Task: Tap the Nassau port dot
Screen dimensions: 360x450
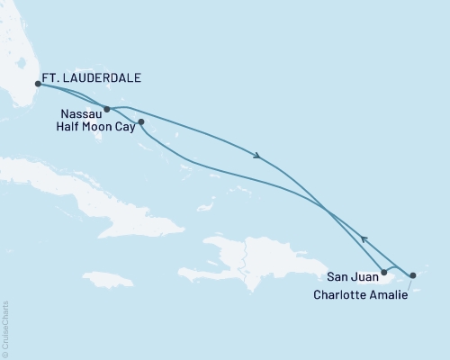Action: tap(107, 109)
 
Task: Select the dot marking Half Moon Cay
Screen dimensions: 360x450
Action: tap(140, 121)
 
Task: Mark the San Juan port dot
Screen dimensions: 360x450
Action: tap(384, 271)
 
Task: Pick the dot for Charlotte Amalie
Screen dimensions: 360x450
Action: tap(413, 275)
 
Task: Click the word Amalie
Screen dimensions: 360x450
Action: tap(385, 293)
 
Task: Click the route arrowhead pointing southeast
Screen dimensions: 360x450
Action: tap(258, 157)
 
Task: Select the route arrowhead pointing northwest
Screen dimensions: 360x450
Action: tap(364, 238)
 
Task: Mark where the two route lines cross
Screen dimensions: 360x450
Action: tap(325, 211)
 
